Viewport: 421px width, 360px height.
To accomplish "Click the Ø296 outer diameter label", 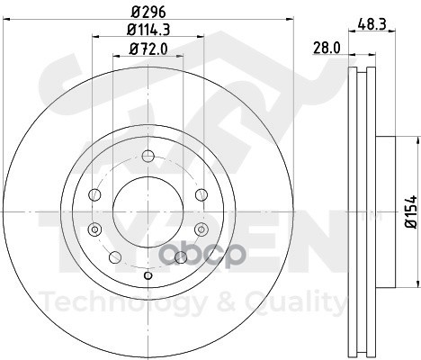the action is [x=148, y=13].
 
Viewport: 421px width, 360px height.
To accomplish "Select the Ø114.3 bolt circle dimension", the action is [x=148, y=30].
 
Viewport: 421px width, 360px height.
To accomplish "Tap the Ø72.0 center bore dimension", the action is [x=148, y=49].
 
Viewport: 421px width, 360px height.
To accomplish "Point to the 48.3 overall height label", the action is [x=372, y=24].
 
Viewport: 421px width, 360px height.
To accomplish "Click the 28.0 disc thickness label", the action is [x=327, y=48].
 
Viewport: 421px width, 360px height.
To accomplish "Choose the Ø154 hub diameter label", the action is [x=411, y=211].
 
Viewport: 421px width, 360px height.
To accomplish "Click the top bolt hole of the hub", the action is [x=148, y=156].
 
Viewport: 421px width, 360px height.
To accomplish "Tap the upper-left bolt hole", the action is [x=94, y=194].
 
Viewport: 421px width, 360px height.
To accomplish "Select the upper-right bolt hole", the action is [x=202, y=194].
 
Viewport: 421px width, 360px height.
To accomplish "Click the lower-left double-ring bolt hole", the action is [x=94, y=229].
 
